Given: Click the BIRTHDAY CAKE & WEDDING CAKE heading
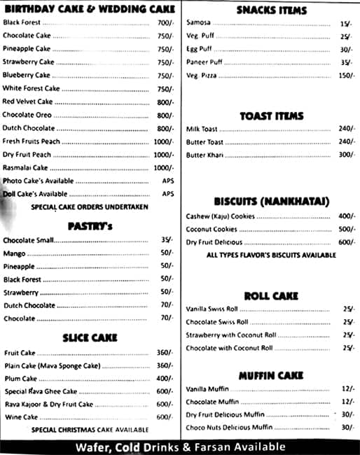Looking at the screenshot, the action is [89, 9].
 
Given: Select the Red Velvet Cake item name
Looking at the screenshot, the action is [27, 102].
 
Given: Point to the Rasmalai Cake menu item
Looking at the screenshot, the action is [25, 168].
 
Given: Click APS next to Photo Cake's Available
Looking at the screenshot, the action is [167, 181].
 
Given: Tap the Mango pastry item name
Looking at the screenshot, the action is [14, 253].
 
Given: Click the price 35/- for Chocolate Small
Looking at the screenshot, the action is [167, 240].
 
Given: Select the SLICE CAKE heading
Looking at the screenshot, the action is [90, 338].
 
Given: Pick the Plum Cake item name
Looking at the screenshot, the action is [20, 379].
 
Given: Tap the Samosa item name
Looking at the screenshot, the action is [198, 23].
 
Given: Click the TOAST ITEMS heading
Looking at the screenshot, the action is [271, 116].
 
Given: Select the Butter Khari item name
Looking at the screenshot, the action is [205, 155].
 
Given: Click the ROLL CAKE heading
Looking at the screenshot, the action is [271, 296].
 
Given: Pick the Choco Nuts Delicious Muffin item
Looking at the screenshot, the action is [229, 428].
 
